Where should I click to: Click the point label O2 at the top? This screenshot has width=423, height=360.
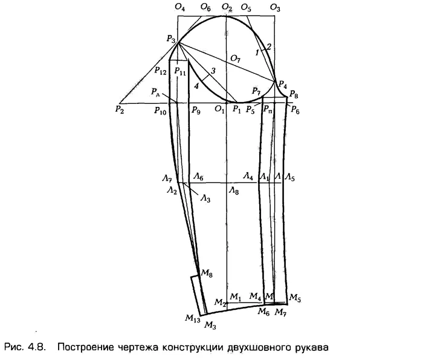pos(227,8)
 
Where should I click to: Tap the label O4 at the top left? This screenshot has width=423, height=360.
pos(179,7)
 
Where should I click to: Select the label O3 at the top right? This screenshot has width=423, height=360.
pos(275,8)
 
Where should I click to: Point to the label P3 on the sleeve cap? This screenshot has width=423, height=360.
pos(171,39)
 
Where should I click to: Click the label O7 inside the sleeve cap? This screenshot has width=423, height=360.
pos(235,59)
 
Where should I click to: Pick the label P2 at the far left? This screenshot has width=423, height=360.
pos(119,109)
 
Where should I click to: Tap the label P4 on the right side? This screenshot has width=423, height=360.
pos(282,85)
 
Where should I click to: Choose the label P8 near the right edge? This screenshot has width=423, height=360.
pos(294,94)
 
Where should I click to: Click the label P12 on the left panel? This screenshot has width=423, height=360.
pos(160,71)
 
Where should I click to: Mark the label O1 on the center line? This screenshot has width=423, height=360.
pos(219,109)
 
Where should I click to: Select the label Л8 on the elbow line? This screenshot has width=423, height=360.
pos(234,191)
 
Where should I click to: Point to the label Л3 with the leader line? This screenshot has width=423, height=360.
pos(205,199)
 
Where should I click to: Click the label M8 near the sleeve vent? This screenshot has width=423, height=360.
pos(207,273)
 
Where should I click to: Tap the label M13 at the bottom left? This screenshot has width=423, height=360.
pos(193,318)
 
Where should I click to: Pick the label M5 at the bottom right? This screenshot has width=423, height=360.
pos(295,297)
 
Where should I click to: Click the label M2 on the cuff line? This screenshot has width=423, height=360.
pos(220,302)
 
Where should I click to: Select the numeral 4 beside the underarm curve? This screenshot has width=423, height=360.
pos(196,86)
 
